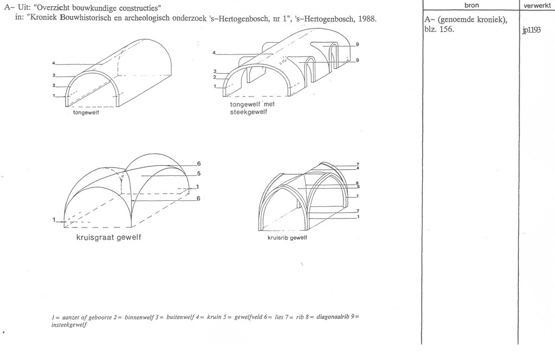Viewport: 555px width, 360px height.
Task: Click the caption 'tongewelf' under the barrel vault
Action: click(86, 113)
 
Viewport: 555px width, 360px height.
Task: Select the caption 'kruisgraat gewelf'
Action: click(109, 237)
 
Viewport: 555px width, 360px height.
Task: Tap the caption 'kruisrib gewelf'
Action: click(287, 238)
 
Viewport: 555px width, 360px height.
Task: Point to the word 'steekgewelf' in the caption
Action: click(249, 112)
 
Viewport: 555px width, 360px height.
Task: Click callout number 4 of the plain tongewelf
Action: click(54, 64)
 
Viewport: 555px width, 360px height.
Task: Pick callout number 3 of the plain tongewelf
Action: click(54, 75)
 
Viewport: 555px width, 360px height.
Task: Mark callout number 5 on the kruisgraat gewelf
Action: click(199, 174)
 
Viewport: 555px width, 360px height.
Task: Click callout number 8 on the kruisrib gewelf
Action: click(357, 183)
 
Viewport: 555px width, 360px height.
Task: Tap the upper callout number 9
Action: click(357, 44)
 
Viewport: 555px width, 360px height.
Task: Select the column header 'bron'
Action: click(471, 5)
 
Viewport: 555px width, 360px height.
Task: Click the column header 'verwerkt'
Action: click(537, 6)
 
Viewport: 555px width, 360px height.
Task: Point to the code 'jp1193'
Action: click(531, 30)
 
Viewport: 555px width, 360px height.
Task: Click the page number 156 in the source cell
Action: click(446, 29)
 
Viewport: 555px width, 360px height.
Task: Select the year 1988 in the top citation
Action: click(367, 19)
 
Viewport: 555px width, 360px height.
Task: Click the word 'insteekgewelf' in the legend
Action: click(69, 324)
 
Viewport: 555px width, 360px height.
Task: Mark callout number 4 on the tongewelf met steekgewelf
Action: click(214, 53)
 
